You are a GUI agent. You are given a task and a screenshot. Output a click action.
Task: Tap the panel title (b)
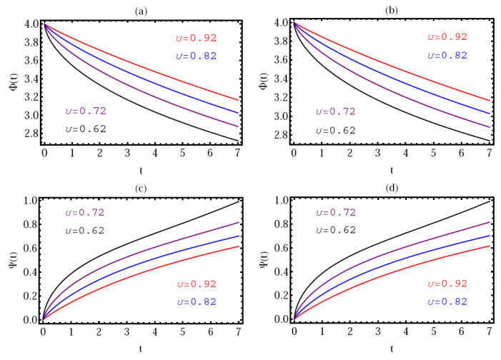tap(392, 8)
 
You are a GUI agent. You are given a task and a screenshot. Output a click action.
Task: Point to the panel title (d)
tap(392, 187)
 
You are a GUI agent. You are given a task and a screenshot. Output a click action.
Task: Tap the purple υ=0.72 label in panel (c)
tap(90, 212)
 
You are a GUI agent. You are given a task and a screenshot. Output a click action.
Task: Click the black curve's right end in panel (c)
tap(238, 201)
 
